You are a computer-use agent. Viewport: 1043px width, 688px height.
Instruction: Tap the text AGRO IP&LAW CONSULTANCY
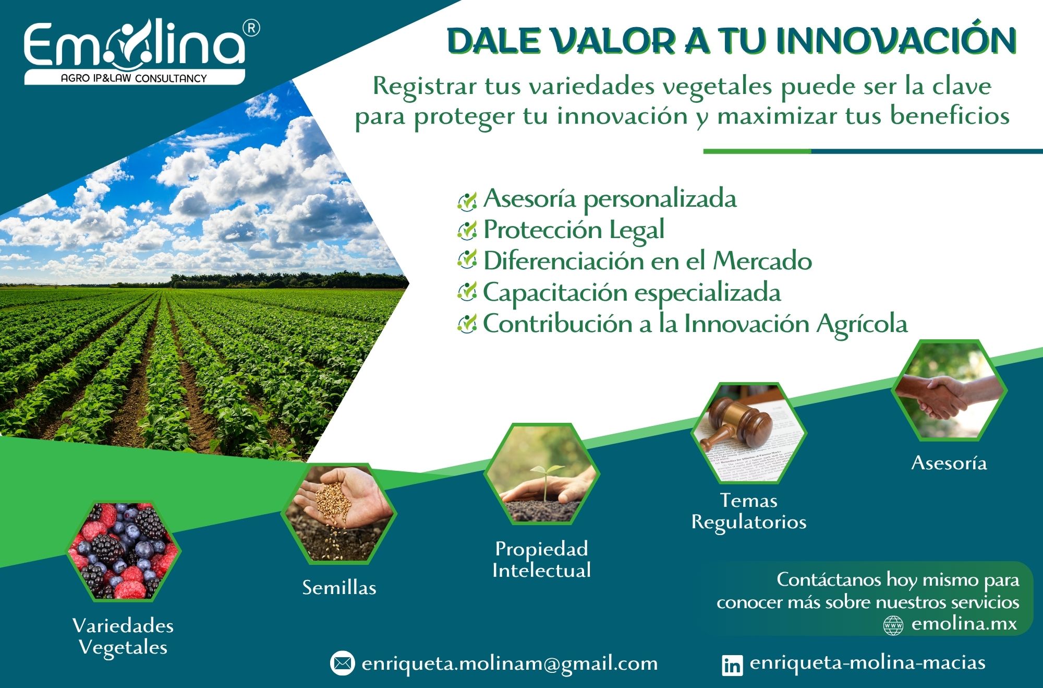tap(134, 78)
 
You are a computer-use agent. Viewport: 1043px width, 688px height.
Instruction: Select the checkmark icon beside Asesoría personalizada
tap(467, 200)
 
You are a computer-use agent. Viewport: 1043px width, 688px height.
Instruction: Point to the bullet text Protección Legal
tap(574, 230)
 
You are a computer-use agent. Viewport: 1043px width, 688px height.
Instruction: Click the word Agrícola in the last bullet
tap(862, 324)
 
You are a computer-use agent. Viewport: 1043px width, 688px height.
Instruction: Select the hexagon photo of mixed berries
tap(124, 550)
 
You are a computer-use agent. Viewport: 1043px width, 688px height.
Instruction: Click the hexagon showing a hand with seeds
tap(339, 514)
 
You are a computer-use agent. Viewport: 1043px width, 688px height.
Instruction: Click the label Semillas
tap(339, 588)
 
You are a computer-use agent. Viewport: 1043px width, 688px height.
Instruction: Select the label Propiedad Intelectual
tap(541, 560)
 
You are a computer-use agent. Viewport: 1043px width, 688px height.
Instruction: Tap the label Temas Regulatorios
tap(749, 512)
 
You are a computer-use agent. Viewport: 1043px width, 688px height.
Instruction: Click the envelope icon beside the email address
tap(343, 663)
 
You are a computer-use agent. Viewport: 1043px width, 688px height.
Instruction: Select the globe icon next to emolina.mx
tap(893, 625)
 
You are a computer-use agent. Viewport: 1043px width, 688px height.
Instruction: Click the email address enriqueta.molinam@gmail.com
tap(510, 663)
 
